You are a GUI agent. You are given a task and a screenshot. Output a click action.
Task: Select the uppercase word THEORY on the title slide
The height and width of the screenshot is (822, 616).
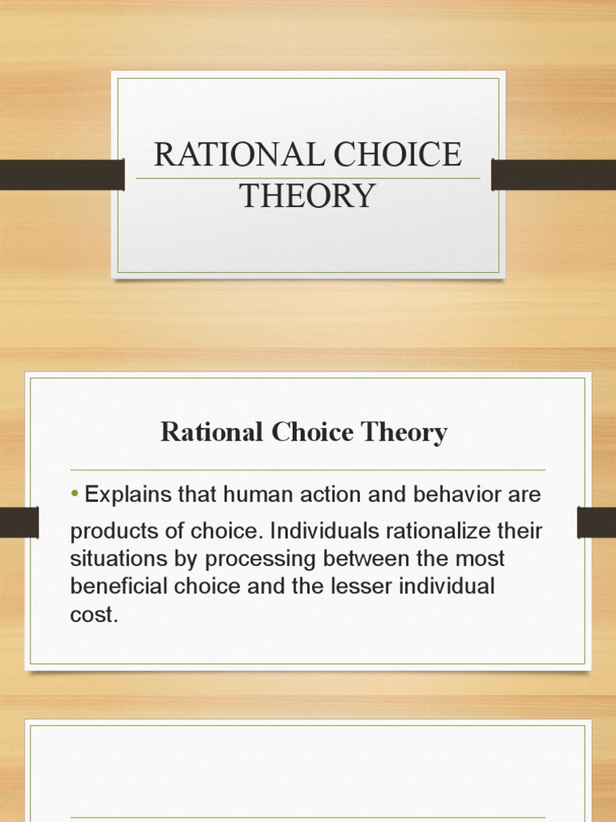click(x=308, y=195)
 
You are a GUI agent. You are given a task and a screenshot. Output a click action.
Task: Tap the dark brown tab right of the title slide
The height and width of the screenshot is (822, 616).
click(x=553, y=175)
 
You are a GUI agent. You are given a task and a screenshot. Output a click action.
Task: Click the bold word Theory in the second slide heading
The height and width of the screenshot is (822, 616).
click(x=407, y=433)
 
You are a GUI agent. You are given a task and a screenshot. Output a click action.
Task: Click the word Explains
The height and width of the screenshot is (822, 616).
click(x=127, y=495)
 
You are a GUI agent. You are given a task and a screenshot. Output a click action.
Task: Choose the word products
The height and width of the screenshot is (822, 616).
click(x=105, y=531)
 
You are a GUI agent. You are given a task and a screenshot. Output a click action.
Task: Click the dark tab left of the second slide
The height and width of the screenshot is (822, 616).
click(x=19, y=523)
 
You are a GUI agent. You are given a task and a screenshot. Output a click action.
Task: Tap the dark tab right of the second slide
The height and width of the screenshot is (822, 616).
click(x=596, y=523)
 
